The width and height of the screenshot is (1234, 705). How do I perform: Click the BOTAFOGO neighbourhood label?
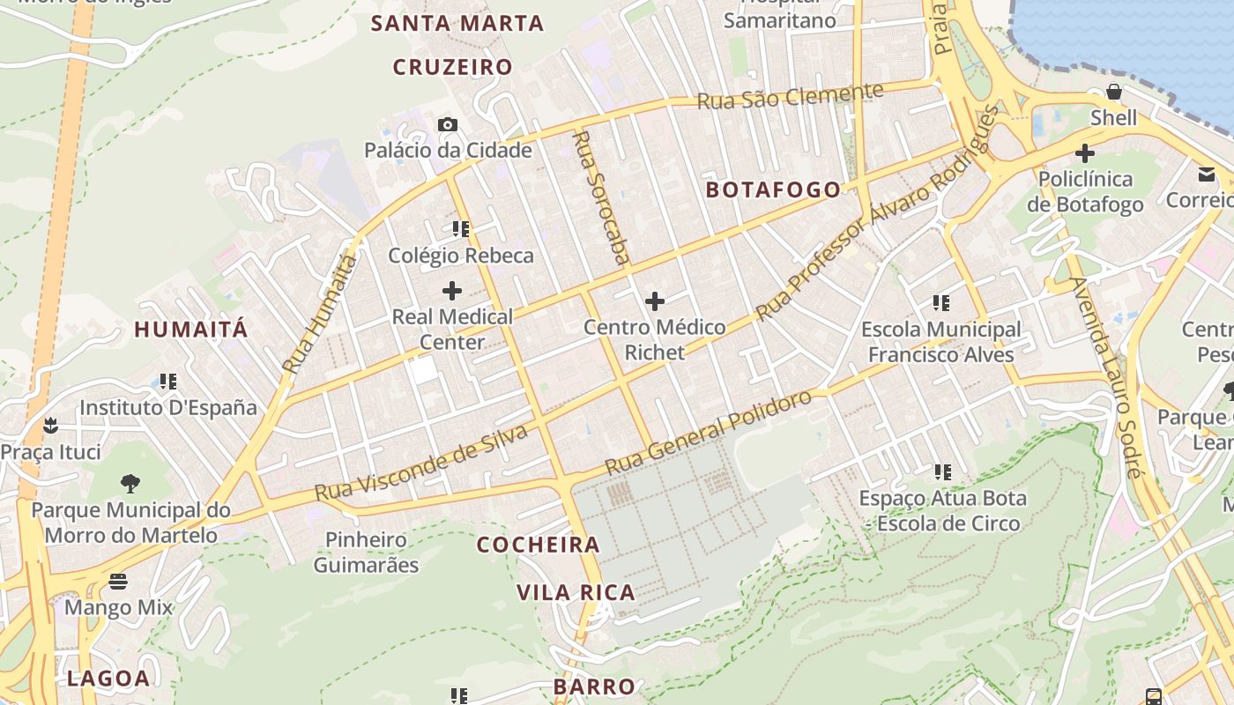click(x=774, y=189)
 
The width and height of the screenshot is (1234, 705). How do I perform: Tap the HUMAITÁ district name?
click(x=191, y=330)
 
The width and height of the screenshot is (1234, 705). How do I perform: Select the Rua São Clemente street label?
click(x=790, y=96)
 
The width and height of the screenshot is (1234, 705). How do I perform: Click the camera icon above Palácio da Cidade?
click(x=448, y=125)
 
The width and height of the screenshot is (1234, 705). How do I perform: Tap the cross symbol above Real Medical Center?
click(x=452, y=290)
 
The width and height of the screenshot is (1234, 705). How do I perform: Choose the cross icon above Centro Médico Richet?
click(x=655, y=301)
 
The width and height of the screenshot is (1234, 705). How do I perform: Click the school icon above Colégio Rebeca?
click(x=460, y=229)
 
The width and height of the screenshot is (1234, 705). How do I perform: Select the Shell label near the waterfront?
click(x=1114, y=118)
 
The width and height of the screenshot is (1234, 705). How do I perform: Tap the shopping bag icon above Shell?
click(x=1114, y=93)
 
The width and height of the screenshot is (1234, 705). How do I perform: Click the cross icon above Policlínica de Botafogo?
click(x=1085, y=153)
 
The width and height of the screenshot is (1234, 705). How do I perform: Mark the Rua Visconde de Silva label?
click(x=421, y=463)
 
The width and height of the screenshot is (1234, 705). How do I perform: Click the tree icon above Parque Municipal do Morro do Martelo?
click(x=130, y=483)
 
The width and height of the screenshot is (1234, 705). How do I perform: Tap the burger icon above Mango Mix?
click(x=118, y=582)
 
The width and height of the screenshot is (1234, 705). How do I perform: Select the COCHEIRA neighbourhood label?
click(x=539, y=545)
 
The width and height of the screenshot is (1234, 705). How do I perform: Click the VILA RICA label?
click(x=576, y=592)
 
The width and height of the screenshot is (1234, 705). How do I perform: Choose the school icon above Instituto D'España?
click(x=168, y=382)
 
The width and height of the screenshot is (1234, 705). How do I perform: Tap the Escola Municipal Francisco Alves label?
click(x=941, y=342)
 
